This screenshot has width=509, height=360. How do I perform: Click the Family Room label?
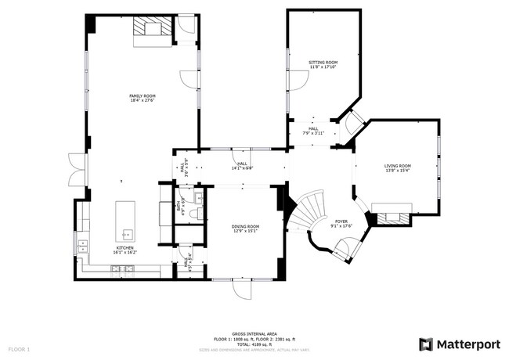(x=143, y=98)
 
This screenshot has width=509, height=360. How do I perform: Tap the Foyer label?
(x=341, y=223)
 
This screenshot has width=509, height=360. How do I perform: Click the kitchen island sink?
(x=125, y=233)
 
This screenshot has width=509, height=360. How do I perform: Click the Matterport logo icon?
(x=425, y=344)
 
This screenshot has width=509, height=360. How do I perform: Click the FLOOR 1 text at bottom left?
(x=19, y=348)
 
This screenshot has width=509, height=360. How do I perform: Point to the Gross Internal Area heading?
(x=254, y=333)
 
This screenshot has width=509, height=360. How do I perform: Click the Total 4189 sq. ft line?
(x=254, y=344)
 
